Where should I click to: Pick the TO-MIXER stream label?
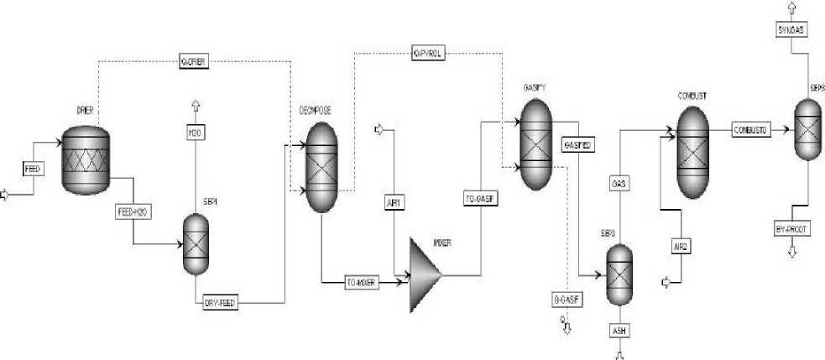point(363,283)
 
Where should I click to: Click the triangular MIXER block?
point(425,274)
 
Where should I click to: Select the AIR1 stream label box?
point(394,201)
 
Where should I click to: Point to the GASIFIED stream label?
point(578,144)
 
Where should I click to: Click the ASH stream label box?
point(619,331)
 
